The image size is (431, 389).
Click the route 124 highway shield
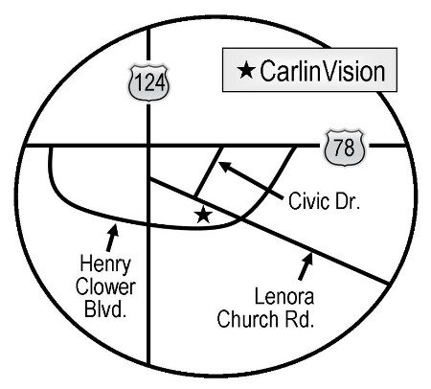[149, 83]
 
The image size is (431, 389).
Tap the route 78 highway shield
[345, 148]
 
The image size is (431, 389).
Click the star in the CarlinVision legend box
[246, 70]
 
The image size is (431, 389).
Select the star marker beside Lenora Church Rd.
[203, 215]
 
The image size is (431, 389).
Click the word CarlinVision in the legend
[323, 71]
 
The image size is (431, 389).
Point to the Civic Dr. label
[324, 201]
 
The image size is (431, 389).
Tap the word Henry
[105, 265]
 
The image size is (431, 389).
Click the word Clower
[105, 287]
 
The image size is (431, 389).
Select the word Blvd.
[104, 309]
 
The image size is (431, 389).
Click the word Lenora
[284, 297]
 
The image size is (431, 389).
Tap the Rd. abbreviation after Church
[299, 319]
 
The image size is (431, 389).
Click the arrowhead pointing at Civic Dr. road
[223, 166]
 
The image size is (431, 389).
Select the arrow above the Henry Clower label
[112, 238]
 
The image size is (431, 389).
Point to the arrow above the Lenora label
[306, 266]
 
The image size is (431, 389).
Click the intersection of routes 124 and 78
[148, 146]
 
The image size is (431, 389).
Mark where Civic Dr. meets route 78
[221, 147]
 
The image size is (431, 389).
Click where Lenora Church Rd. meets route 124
[149, 179]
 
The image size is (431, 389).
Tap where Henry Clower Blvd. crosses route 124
[148, 225]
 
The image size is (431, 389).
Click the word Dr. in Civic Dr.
[348, 201]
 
